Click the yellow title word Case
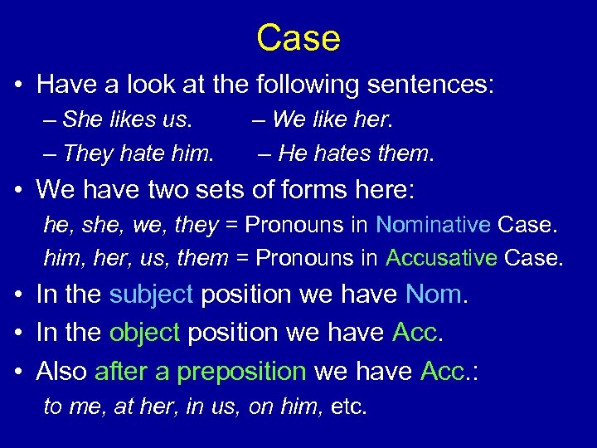[298, 38]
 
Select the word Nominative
[436, 225]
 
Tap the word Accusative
[441, 258]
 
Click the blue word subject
[151, 295]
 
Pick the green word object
[144, 332]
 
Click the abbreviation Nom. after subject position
[437, 295]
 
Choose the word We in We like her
[289, 119]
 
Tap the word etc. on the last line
[347, 407]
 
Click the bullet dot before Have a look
[17, 85]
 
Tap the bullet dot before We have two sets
[17, 191]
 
